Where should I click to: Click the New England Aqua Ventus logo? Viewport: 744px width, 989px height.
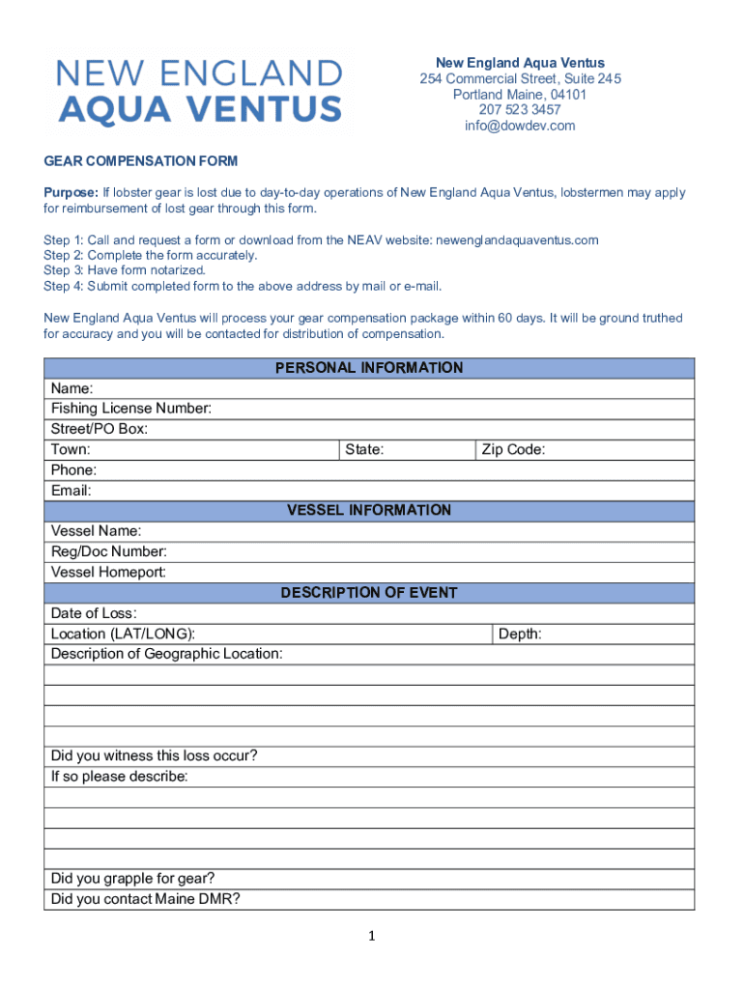coord(199,91)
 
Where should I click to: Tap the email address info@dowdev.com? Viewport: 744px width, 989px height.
coord(520,126)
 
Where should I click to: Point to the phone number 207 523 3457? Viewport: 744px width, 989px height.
coord(520,110)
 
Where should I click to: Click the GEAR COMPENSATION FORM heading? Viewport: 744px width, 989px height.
coord(140,161)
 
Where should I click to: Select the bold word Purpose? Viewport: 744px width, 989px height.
coord(71,192)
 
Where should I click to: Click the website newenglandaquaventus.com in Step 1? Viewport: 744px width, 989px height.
coord(518,240)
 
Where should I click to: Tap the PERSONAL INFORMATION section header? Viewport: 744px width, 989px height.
coord(369,368)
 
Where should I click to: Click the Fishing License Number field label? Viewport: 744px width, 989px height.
coord(131,409)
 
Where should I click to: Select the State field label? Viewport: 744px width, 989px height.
coord(364,449)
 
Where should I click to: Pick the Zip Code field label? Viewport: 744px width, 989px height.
coord(513,449)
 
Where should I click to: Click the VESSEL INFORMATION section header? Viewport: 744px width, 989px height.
coord(369,510)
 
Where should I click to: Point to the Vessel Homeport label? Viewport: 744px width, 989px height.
coord(108,572)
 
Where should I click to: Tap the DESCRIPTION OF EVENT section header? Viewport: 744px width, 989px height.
coord(369,592)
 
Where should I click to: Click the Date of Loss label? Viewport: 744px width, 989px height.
coord(94,613)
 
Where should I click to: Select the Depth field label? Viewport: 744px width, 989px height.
coord(520,634)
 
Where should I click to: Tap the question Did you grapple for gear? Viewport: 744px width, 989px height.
coord(132,878)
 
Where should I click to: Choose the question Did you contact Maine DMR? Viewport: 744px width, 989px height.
coord(146,899)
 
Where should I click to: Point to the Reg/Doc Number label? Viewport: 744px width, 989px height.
coord(108,551)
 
